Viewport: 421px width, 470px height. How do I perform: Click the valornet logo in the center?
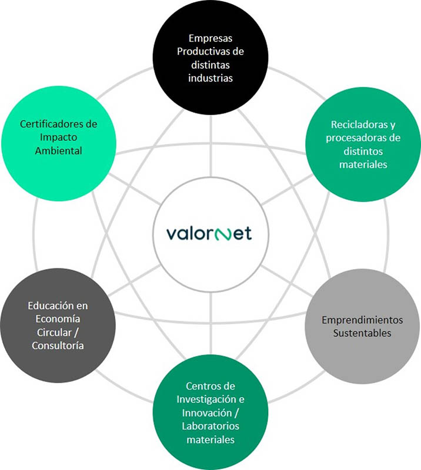(210, 233)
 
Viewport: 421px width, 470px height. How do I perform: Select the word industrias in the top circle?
(210, 78)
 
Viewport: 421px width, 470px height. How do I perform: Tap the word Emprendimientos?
(362, 320)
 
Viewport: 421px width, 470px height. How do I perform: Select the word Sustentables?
(362, 334)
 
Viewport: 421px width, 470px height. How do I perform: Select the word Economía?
(58, 319)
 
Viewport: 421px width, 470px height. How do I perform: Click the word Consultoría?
(58, 345)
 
